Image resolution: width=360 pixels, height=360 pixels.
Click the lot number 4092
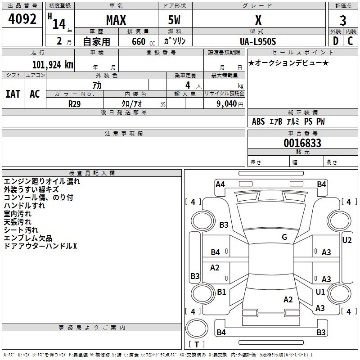[x=22, y=19]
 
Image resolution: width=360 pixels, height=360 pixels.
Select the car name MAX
[x=116, y=20]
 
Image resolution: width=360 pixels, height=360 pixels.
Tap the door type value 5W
[x=174, y=20]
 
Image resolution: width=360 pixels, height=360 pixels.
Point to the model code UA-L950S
[x=258, y=41]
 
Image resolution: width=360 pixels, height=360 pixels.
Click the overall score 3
[x=343, y=21]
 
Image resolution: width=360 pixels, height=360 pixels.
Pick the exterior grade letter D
[x=336, y=41]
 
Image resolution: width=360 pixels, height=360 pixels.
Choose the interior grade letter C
[x=350, y=41]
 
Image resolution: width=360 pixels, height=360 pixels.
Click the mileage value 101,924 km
[x=53, y=65]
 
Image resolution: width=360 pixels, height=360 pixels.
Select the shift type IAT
[x=13, y=94]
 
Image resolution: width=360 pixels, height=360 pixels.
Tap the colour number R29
[x=75, y=104]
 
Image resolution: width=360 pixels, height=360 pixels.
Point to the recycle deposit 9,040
[x=226, y=104]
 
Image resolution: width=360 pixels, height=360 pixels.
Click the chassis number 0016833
[x=302, y=143]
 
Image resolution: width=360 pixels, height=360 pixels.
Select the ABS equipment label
[x=258, y=121]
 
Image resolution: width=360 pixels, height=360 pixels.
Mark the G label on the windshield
[x=284, y=237]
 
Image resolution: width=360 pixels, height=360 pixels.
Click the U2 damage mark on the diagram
[x=346, y=240]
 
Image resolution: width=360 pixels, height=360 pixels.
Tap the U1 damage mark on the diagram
[x=320, y=292]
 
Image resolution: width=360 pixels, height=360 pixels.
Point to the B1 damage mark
[x=221, y=292]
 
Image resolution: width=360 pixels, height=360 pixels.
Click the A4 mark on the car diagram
[x=220, y=184]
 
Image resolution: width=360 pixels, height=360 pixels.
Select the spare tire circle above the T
[x=197, y=328]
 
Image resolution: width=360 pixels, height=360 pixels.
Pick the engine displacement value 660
[x=139, y=41]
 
